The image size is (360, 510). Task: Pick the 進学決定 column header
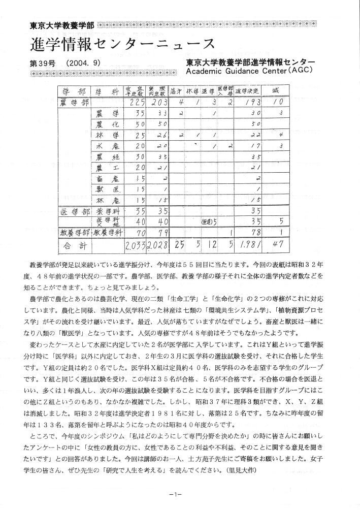point(248,91)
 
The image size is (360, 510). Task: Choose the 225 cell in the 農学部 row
point(134,103)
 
